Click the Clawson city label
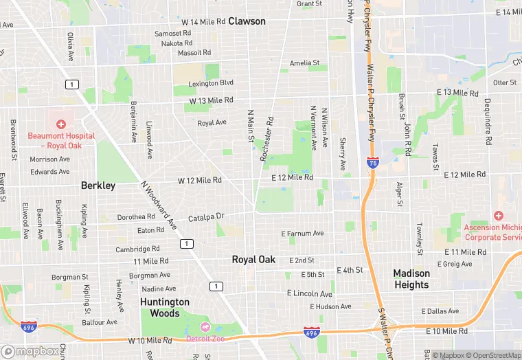pos(247,21)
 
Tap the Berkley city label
pos(98,185)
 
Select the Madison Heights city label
pos(411,279)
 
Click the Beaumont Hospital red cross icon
pos(61,124)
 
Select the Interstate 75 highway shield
pos(372,163)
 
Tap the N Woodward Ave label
pos(159,205)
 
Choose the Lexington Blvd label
pos(212,83)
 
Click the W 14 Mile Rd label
pos(203,22)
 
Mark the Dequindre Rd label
pos(488,129)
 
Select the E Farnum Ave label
pos(302,234)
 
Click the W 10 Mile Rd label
pos(149,341)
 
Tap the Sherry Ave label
pos(342,154)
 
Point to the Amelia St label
pos(304,63)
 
